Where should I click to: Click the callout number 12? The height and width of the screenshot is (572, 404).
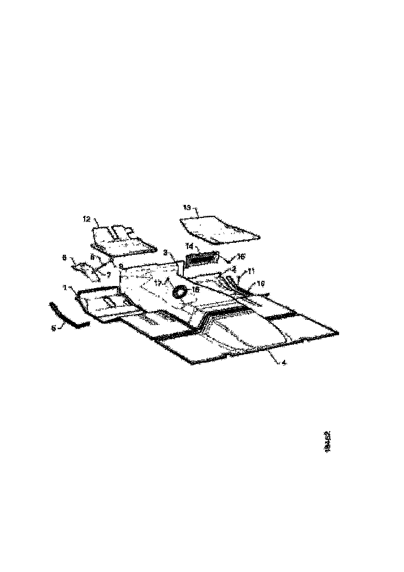click(x=87, y=219)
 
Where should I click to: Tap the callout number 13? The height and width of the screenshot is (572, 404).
click(x=186, y=207)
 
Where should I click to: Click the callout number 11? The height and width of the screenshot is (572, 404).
click(x=251, y=271)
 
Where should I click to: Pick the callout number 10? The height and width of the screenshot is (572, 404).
click(x=261, y=284)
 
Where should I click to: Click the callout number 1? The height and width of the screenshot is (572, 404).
click(x=65, y=287)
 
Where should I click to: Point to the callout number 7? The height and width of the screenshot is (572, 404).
click(x=109, y=274)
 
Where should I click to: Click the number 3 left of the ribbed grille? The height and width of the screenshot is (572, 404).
click(x=165, y=252)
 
